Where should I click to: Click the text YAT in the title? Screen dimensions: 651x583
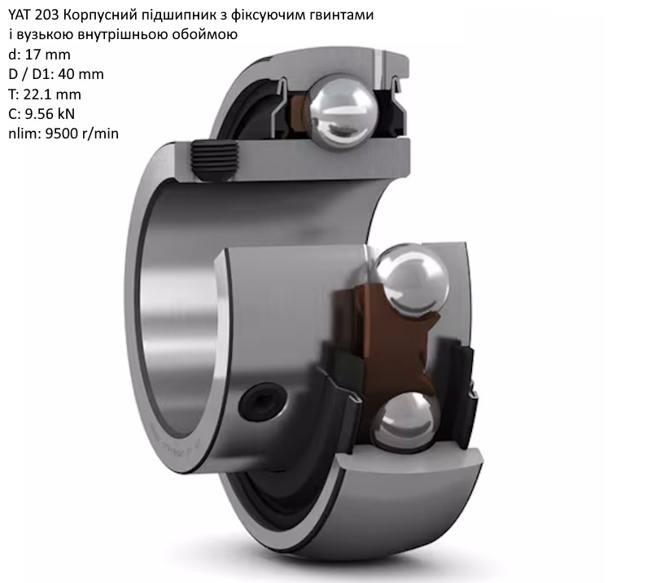[x=19, y=15]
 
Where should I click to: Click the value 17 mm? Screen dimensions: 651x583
[x=48, y=55]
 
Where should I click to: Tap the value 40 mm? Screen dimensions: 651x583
[x=81, y=74]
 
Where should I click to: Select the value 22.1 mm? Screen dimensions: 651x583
[x=52, y=94]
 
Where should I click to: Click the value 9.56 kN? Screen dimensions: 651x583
[x=50, y=114]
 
